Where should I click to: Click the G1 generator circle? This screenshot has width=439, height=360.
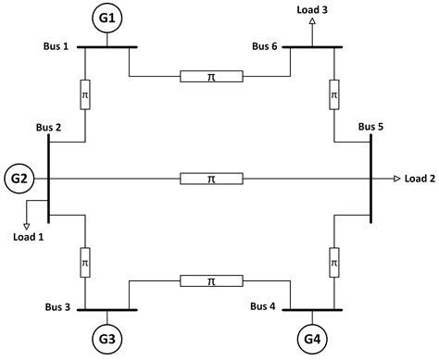[107, 18]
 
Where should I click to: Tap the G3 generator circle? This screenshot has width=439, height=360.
[107, 340]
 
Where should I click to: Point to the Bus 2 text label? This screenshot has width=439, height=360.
[48, 128]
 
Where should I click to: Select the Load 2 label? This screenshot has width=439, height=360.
[419, 178]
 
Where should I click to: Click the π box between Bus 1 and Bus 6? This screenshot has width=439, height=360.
[211, 76]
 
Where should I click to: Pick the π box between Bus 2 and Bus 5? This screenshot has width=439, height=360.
[211, 178]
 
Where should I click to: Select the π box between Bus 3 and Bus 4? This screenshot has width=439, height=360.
[211, 279]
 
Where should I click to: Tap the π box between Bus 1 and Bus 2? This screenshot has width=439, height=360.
[85, 95]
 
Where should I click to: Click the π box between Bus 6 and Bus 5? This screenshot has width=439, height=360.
[332, 95]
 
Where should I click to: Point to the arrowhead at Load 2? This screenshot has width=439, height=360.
[396, 178]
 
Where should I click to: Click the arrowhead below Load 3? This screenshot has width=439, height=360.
[313, 20]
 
